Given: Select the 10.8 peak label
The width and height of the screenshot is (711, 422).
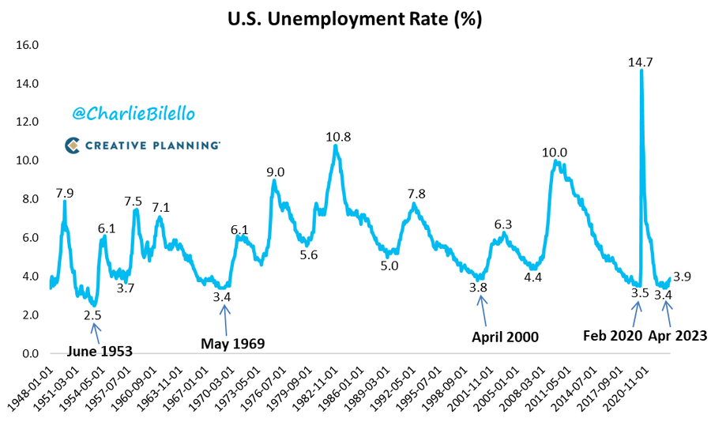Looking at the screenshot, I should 338,137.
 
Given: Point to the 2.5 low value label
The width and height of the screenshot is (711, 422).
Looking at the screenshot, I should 94,315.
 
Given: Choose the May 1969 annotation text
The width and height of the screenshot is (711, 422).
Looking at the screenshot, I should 232,344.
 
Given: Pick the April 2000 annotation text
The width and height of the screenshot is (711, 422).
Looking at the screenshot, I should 505,337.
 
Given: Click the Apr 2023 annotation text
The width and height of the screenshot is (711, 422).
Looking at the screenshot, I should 678,335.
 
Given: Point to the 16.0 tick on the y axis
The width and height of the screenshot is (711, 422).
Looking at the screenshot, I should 28,45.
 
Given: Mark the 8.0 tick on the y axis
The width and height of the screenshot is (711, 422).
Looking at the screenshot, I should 28,199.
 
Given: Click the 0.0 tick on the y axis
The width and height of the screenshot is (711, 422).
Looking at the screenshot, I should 28,354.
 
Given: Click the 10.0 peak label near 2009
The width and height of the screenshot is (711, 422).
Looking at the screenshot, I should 554,153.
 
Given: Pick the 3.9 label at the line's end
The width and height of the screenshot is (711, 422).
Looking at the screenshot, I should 683,277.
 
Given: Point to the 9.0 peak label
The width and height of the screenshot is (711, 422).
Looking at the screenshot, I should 276,172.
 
